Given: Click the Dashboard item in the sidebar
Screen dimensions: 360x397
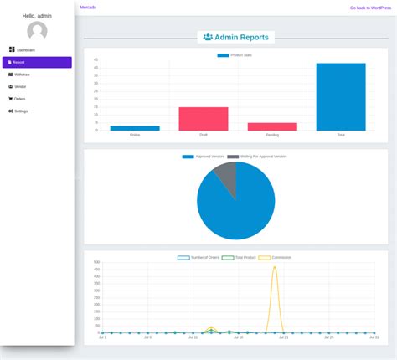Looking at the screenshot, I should pos(23,50).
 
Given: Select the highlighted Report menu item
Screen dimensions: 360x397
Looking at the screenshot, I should pos(18,62).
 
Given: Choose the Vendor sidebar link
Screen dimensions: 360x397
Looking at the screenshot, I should pos(18,86).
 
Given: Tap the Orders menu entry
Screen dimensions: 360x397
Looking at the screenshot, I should pos(17,99).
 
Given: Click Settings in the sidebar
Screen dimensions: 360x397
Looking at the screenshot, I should pos(18,111).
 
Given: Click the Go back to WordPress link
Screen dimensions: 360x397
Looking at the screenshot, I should pos(370,8).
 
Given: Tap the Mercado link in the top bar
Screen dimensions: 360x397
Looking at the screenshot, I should pos(88,7).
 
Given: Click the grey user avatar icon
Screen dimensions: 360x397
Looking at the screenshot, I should pos(37,31).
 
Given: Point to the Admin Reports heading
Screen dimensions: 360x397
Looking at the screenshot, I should pos(236,38).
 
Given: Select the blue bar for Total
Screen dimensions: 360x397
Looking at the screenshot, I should pos(340,96).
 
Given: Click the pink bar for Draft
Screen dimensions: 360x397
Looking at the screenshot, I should pos(203,119).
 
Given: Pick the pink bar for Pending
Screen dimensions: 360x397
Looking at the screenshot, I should pos(272,126).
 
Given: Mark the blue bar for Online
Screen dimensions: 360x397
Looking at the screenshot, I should pos(135,128).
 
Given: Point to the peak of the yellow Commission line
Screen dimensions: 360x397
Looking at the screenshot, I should pos(275,267).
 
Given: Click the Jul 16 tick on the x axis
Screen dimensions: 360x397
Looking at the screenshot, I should pos(238,337).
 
